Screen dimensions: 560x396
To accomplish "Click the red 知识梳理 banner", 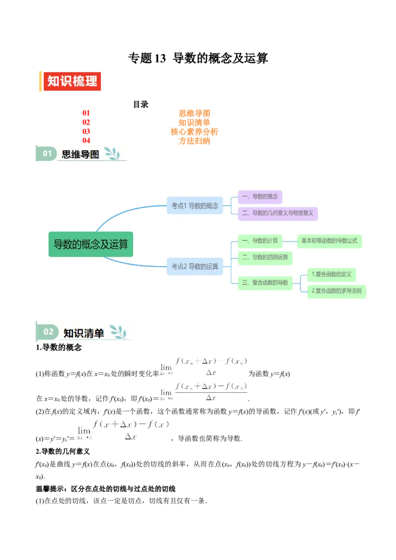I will pyautogui.click(x=72, y=81).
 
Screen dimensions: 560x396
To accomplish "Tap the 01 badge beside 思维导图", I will pyautogui.click(x=47, y=153).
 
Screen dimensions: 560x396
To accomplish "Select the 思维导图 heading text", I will pyautogui.click(x=80, y=154).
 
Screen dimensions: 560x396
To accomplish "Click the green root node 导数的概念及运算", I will pyautogui.click(x=91, y=244).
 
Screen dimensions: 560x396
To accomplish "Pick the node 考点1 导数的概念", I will pyautogui.click(x=195, y=205).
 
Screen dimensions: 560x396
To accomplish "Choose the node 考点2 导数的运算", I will pyautogui.click(x=195, y=266).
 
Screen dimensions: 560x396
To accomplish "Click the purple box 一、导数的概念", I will pyautogui.click(x=260, y=196).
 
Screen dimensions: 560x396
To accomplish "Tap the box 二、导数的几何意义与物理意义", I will pyautogui.click(x=277, y=213).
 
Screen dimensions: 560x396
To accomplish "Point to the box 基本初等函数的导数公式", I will pyautogui.click(x=329, y=241).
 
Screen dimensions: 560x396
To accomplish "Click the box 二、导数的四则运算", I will pyautogui.click(x=265, y=257).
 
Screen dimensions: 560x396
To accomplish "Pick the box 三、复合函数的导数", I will pyautogui.click(x=265, y=282).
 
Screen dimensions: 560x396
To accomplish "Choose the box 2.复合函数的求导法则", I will pyautogui.click(x=336, y=291).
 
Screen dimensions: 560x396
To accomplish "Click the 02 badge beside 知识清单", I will pyautogui.click(x=48, y=331).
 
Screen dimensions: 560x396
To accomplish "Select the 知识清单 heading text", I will pyautogui.click(x=84, y=333).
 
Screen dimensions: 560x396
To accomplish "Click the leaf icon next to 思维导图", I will pyautogui.click(x=112, y=153).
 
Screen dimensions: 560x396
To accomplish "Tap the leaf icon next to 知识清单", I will pyautogui.click(x=118, y=332).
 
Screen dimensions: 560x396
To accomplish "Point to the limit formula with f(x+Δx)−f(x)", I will pyautogui.click(x=123, y=429).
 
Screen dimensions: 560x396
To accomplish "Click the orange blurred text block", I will pyautogui.click(x=195, y=127).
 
